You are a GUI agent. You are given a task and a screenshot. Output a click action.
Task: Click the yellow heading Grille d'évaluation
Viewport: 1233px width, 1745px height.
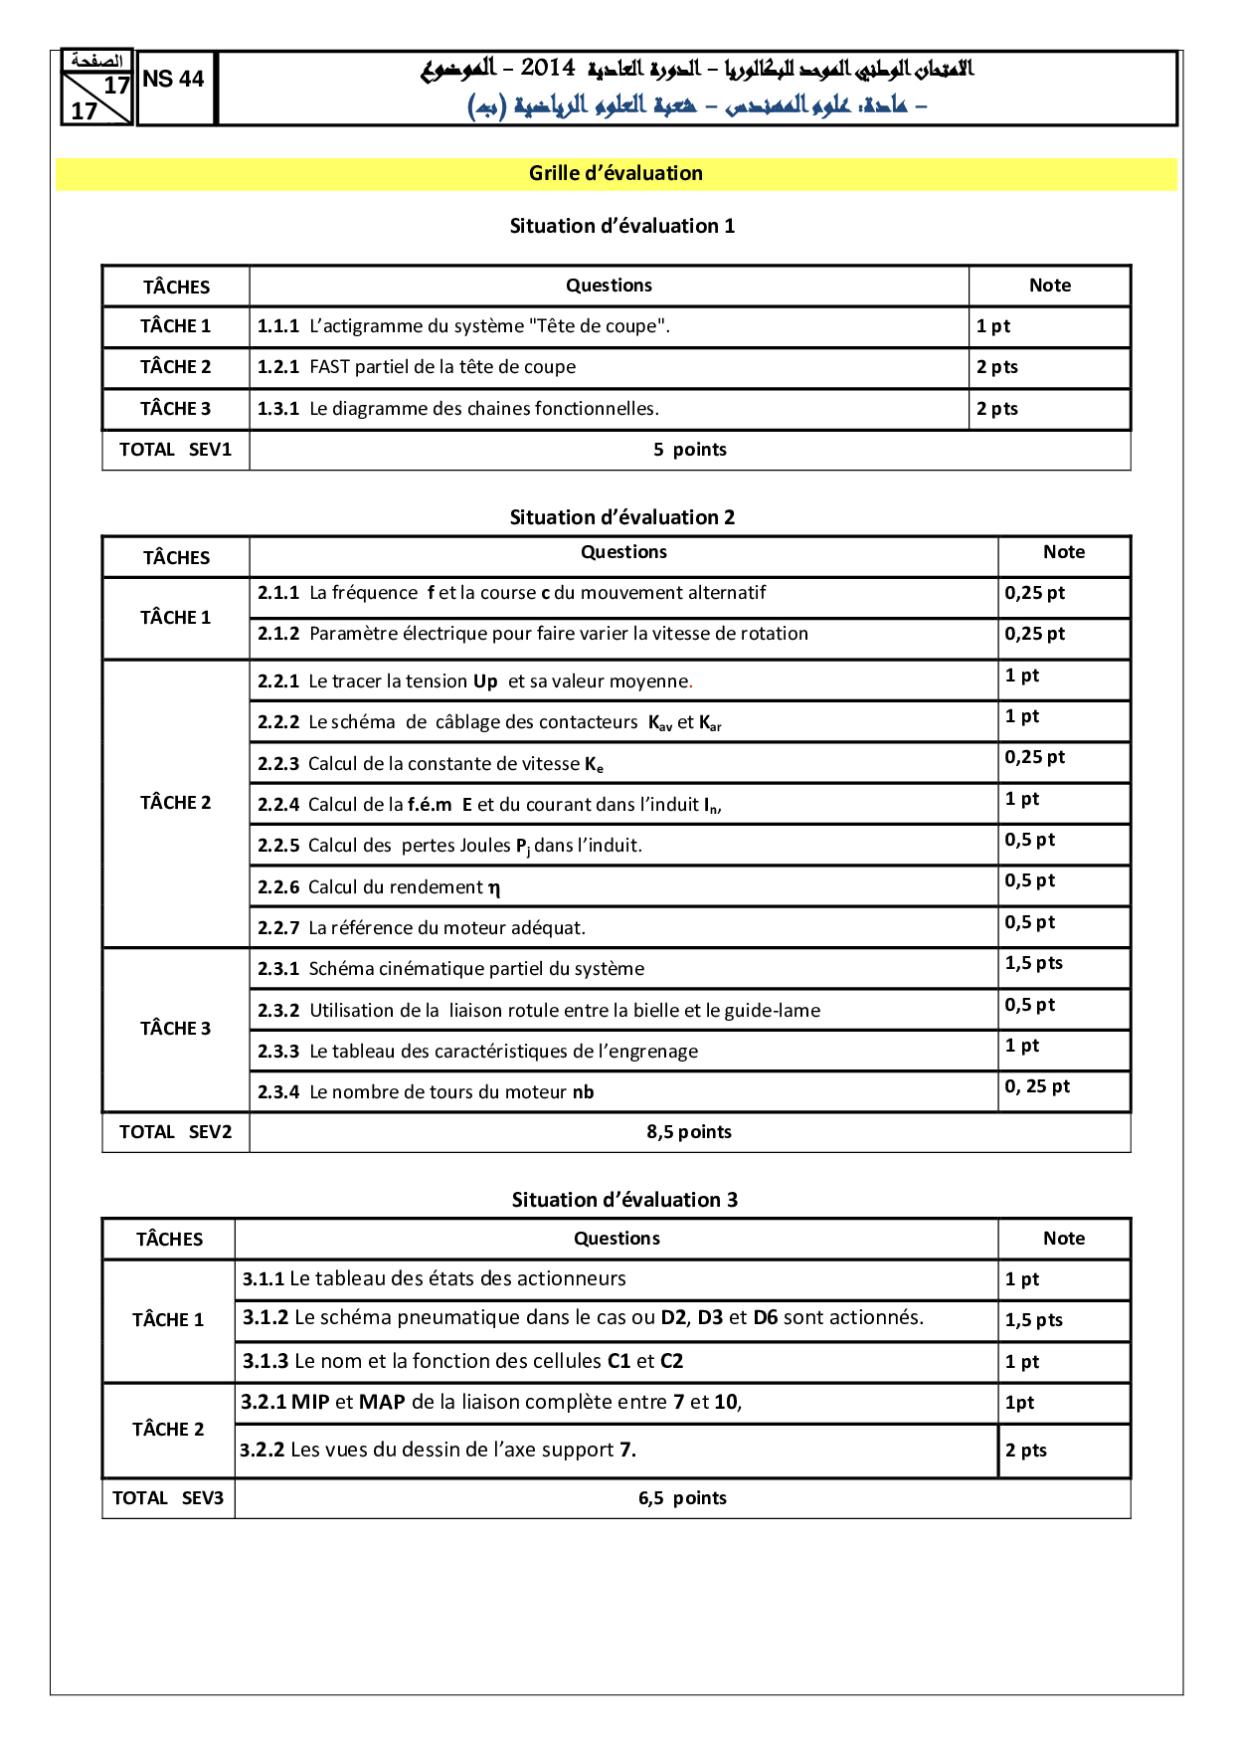(616, 173)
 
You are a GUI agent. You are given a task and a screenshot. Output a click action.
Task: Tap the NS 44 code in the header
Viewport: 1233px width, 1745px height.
(173, 80)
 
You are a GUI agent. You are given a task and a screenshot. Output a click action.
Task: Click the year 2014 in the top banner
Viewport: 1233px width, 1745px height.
(548, 68)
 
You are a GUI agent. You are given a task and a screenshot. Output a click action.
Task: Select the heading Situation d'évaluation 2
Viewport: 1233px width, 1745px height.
(621, 517)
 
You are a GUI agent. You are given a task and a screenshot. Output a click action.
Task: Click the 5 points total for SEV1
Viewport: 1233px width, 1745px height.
(689, 450)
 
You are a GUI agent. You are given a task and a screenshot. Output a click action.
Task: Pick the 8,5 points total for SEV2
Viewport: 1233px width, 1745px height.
(688, 1132)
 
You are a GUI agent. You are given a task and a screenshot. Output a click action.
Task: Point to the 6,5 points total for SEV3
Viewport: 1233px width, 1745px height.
(682, 1498)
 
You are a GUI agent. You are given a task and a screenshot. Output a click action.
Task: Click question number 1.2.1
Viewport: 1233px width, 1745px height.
(277, 367)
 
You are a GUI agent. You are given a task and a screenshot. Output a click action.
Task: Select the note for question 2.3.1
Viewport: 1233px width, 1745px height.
(1033, 963)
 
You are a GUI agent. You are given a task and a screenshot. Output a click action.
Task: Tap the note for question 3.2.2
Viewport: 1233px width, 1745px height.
(1025, 1451)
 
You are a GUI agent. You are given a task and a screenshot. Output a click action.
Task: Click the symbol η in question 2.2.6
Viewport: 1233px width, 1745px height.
(494, 887)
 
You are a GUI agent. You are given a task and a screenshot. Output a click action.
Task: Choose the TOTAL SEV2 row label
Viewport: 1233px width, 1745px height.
(175, 1132)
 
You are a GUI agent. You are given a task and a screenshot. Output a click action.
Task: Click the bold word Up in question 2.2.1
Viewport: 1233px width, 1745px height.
(485, 681)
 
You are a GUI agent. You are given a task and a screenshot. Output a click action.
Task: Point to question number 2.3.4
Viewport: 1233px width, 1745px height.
(277, 1092)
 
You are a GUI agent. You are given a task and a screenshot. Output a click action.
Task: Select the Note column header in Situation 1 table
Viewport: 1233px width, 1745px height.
(1049, 286)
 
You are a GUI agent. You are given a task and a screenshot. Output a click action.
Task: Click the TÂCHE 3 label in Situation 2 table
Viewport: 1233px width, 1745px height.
(175, 1029)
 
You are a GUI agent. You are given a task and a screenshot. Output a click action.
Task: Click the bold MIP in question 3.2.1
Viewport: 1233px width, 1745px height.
(310, 1403)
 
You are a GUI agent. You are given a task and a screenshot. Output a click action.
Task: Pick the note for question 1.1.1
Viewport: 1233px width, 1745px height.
(992, 326)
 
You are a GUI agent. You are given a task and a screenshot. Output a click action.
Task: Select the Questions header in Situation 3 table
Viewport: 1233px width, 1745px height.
(616, 1239)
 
